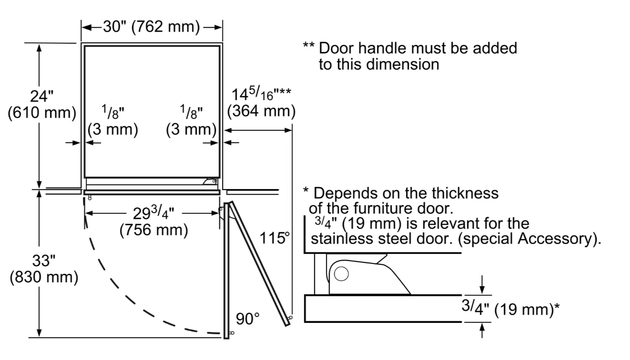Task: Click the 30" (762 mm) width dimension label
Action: point(152,27)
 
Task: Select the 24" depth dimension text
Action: point(41,96)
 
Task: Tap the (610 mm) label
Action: point(42,113)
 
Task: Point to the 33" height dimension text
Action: point(43,260)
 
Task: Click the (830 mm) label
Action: point(44,277)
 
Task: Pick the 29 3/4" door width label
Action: point(153,213)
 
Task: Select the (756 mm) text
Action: point(153,230)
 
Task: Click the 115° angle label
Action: point(274,238)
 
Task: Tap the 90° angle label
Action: point(247,319)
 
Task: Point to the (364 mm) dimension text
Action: point(261,111)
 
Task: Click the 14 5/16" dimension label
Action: point(261,94)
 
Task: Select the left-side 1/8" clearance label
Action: point(112,112)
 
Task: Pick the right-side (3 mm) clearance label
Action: point(191,129)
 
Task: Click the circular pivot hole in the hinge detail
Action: point(341,274)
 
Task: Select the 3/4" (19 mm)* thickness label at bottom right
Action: point(510,309)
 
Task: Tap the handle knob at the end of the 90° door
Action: point(232,333)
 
